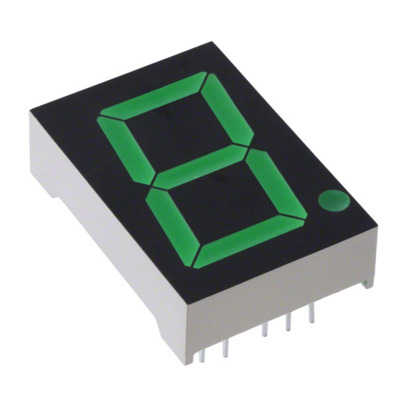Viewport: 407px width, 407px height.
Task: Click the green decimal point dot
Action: click(x=335, y=200)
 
